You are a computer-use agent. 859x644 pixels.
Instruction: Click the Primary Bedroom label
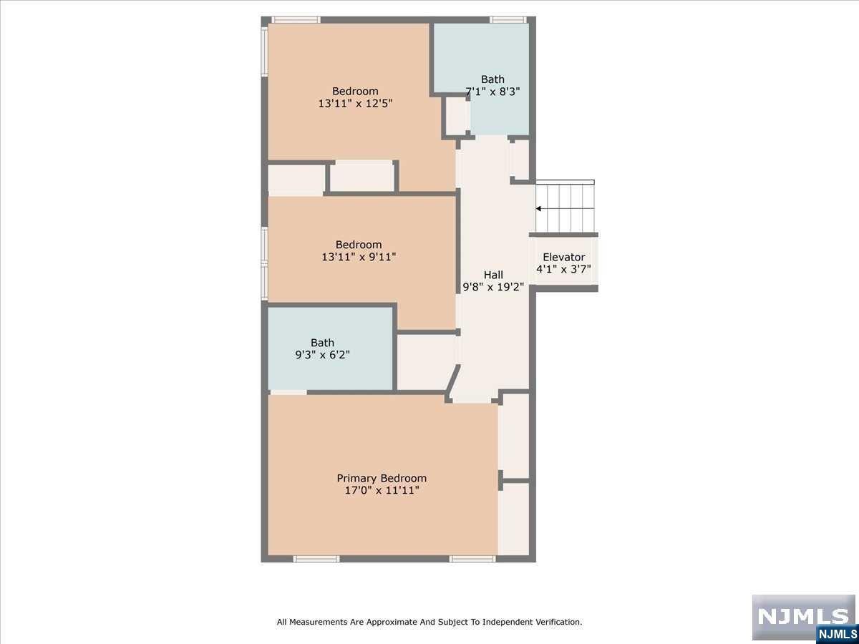pos(382,478)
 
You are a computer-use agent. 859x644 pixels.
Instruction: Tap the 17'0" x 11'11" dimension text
pos(382,490)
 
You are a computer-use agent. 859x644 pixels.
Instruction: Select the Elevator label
pos(563,257)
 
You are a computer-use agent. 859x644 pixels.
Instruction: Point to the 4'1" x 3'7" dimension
pos(563,269)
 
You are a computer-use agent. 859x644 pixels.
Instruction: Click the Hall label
pos(493,275)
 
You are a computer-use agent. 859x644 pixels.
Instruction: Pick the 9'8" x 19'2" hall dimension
pos(493,287)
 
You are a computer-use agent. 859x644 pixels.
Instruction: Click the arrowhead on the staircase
pos(539,209)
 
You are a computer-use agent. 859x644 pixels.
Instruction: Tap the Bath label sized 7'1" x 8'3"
pos(492,79)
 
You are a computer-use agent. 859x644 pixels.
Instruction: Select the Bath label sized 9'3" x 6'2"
pos(322,343)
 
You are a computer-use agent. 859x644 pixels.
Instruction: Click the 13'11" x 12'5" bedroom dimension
pos(355,104)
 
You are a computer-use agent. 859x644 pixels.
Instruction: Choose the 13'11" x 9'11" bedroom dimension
pos(359,257)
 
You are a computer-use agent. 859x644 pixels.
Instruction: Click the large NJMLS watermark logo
pos(803,617)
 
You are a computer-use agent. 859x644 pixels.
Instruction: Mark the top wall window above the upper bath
pos(508,20)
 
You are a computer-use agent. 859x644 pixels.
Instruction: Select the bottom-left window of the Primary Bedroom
pos(316,559)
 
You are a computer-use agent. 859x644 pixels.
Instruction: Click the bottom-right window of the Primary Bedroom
pos(472,559)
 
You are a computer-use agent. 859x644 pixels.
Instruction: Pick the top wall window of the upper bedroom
pos(296,20)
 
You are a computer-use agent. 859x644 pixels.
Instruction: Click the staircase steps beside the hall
pos(565,208)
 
